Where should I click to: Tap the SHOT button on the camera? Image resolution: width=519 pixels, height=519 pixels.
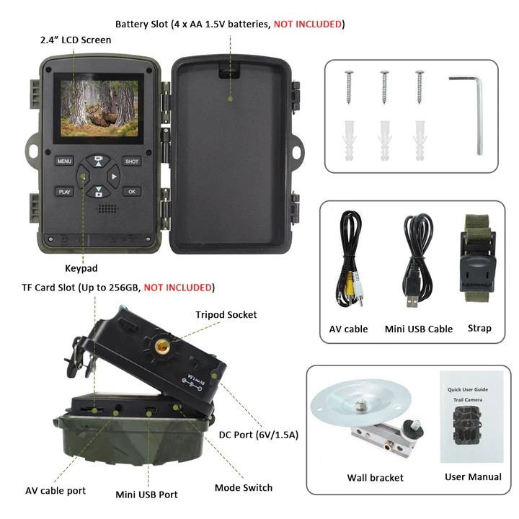pos(132,161)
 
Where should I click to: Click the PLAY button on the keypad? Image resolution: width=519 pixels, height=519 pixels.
pos(64,192)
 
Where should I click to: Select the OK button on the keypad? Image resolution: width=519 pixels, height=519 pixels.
pos(132,191)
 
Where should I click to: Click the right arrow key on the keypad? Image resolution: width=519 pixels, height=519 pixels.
pos(114,177)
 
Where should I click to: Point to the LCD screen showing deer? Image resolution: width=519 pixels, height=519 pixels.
pos(99,109)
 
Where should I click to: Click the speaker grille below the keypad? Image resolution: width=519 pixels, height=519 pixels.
pos(107,208)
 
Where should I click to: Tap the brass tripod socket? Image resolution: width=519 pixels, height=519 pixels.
pos(162,347)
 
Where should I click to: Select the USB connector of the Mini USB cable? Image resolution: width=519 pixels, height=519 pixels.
pos(412,301)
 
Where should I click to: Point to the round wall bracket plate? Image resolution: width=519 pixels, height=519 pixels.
pos(360,402)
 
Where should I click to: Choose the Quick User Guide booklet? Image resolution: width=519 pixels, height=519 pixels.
pos(471,417)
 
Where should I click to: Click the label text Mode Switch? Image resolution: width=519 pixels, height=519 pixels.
pos(244,487)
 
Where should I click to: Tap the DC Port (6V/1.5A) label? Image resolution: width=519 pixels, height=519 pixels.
pos(259,435)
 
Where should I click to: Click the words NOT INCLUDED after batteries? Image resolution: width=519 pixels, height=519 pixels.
pos(308,25)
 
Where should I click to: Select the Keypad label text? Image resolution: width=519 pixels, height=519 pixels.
pos(81,268)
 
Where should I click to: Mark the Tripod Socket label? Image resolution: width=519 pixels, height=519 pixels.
pos(226,314)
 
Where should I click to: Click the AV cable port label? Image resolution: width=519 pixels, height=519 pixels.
pos(56,491)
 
